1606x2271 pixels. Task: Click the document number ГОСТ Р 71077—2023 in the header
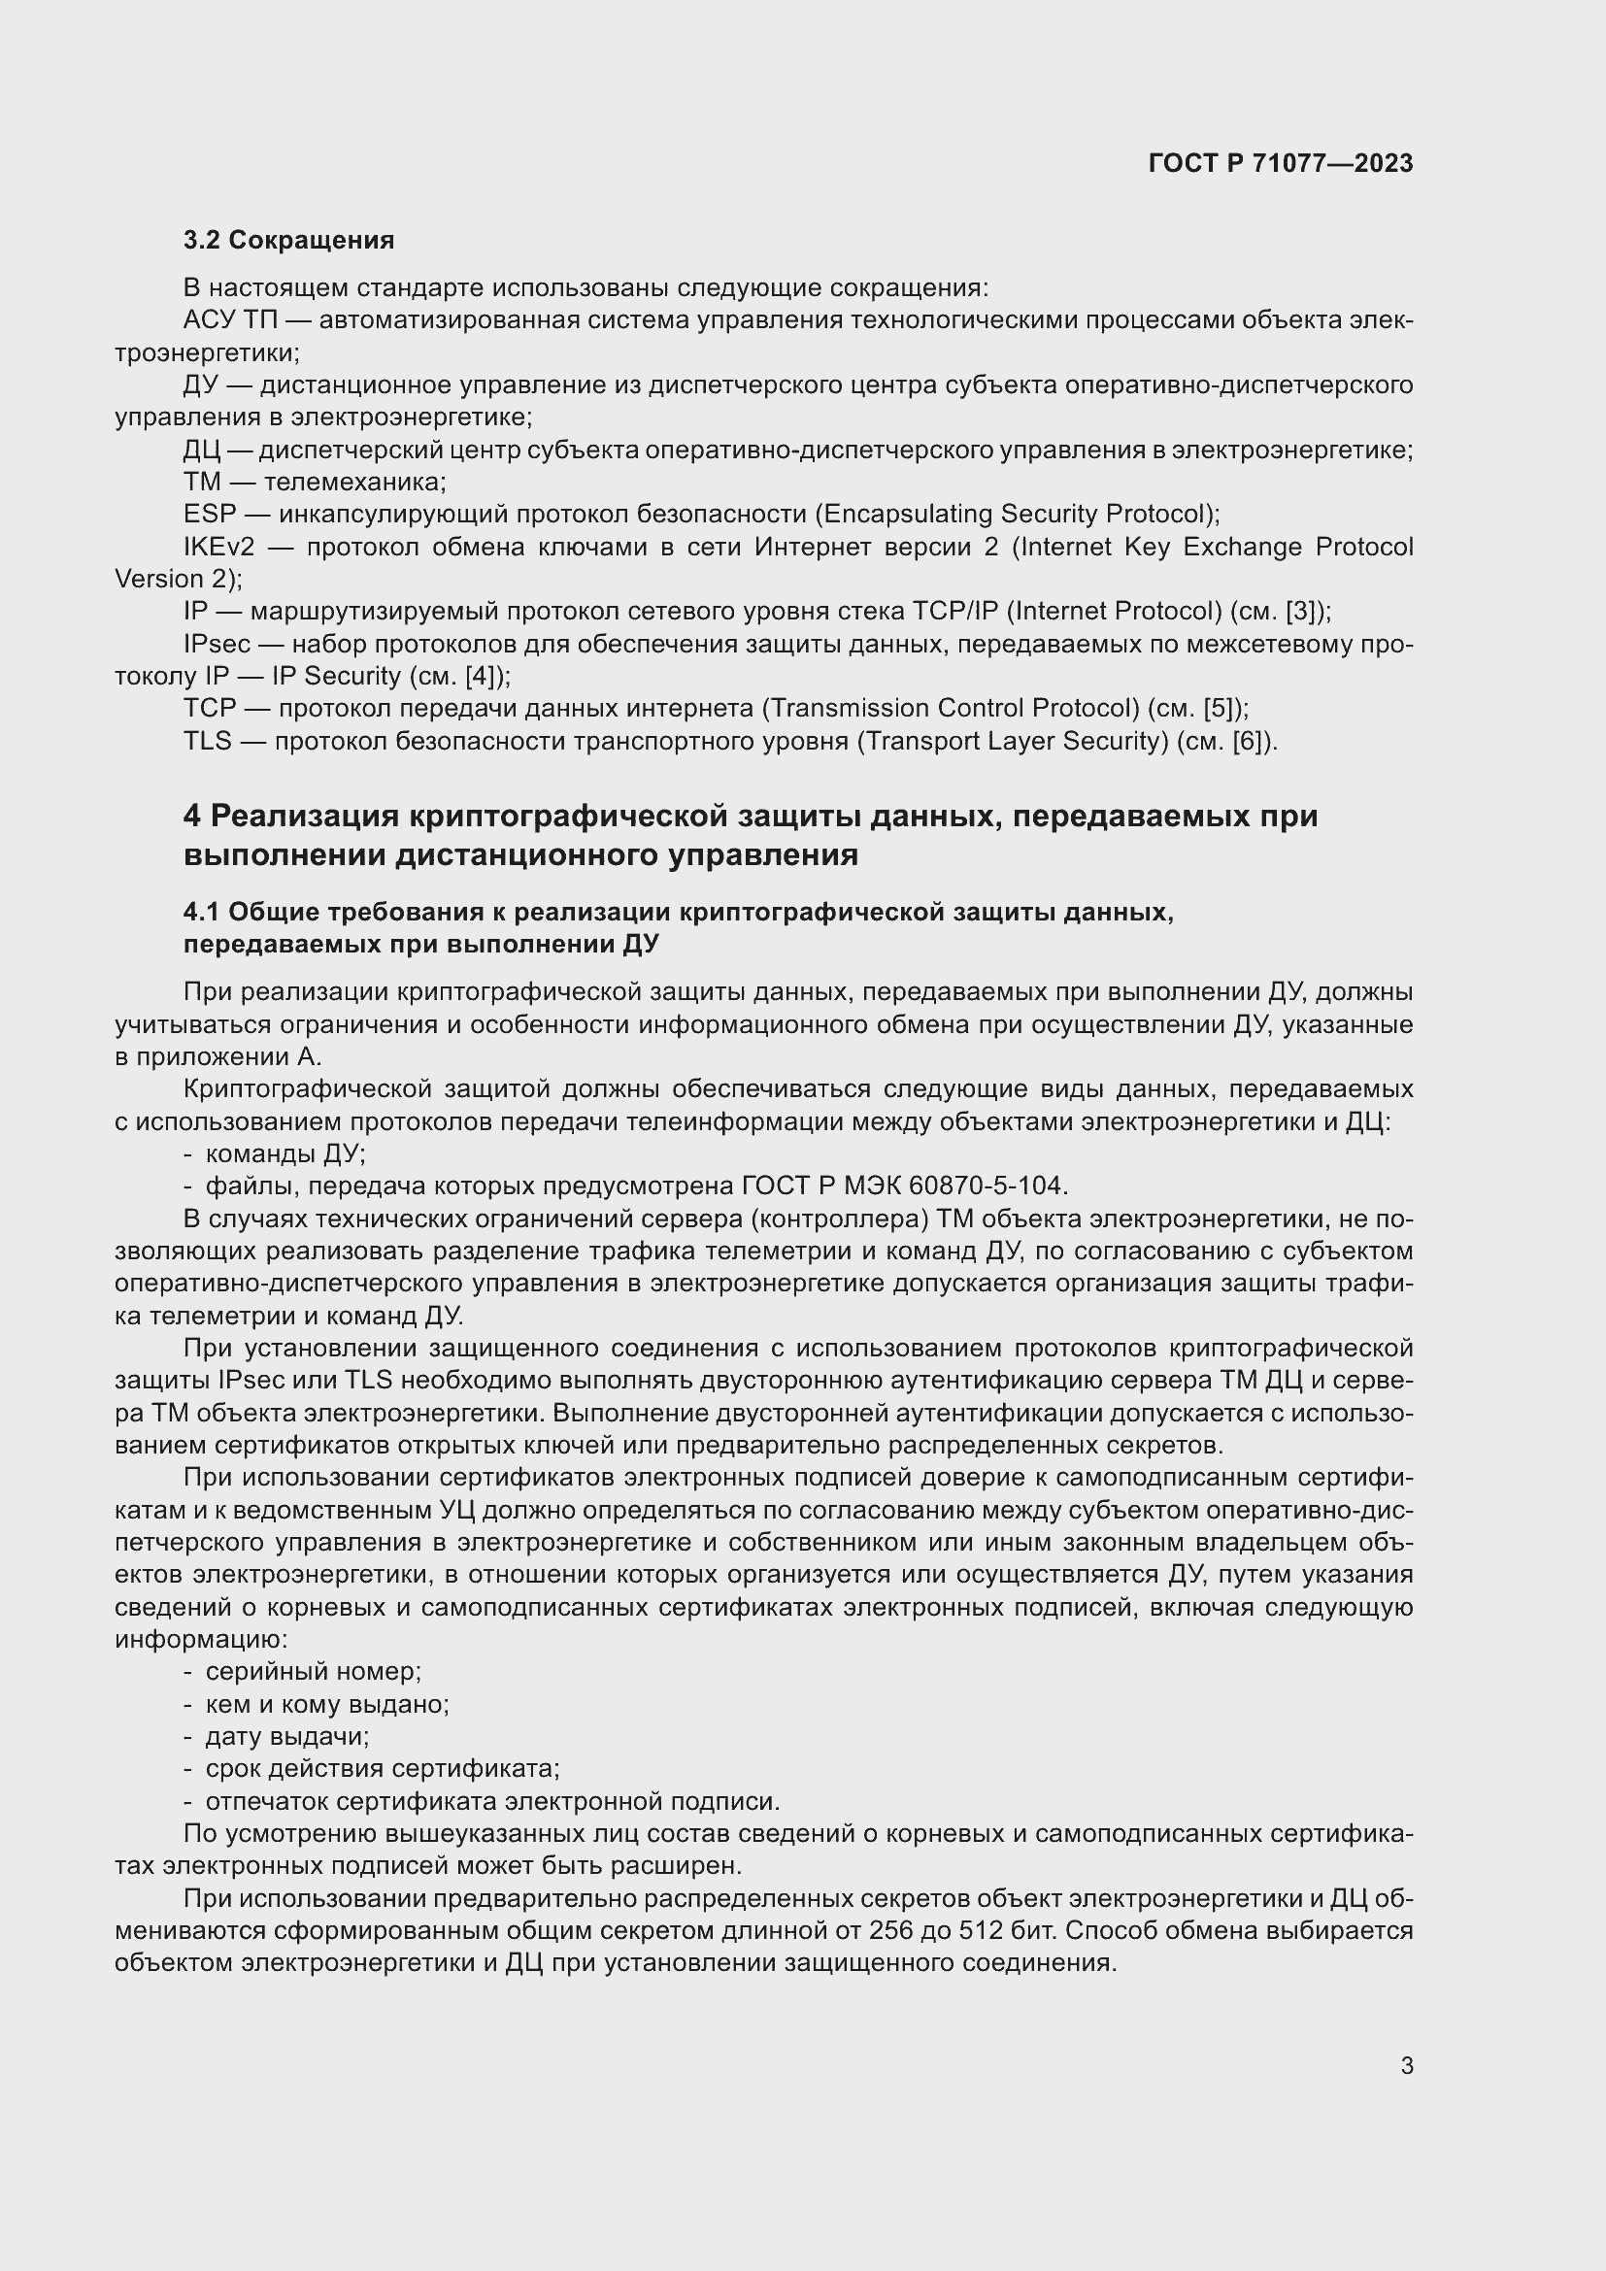point(1280,163)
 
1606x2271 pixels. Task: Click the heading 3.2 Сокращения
point(288,240)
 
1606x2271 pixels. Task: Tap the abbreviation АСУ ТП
point(230,320)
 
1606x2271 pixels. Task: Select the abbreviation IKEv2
point(218,547)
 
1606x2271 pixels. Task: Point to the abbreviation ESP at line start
point(210,515)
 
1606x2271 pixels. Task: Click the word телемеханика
point(354,482)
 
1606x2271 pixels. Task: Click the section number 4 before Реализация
point(192,816)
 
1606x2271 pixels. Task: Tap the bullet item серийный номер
point(313,1671)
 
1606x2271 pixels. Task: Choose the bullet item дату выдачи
point(286,1736)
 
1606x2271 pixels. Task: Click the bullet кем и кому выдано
point(326,1703)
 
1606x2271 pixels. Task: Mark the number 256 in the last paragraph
point(891,1930)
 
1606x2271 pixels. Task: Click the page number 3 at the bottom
point(1406,2065)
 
